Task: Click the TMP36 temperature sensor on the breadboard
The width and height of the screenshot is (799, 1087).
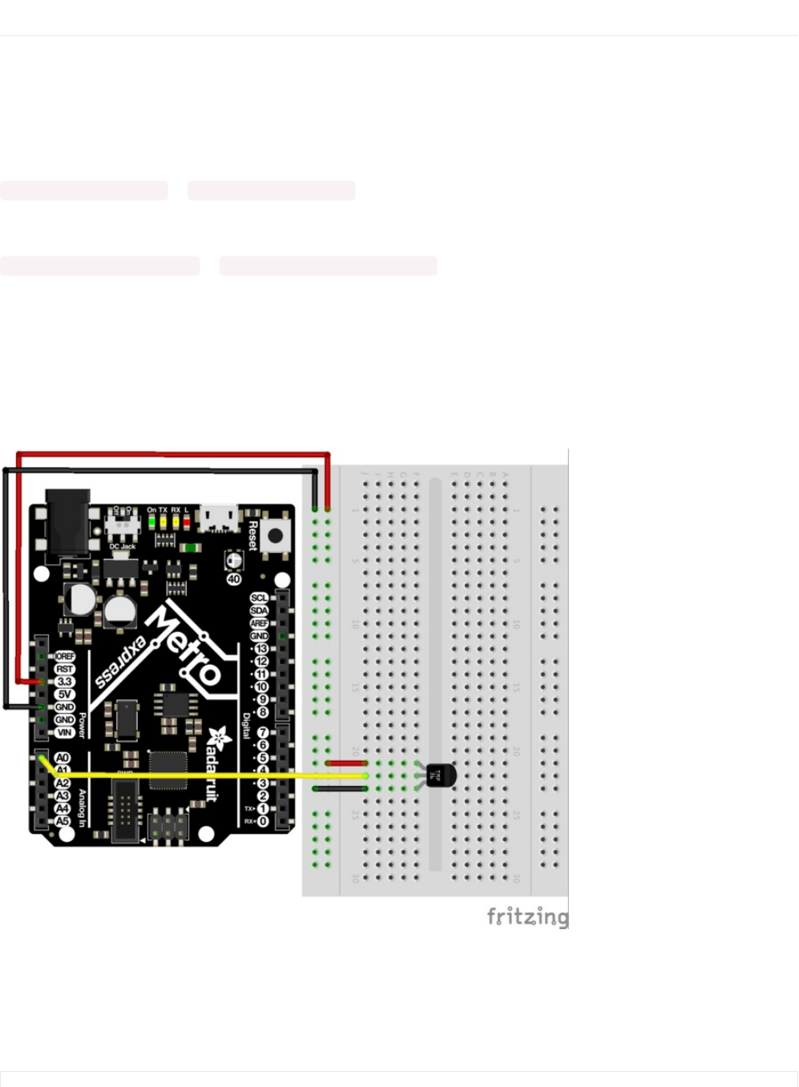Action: (x=439, y=775)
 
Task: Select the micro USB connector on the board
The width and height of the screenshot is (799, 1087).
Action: (x=219, y=517)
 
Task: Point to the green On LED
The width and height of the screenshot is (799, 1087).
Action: (x=151, y=521)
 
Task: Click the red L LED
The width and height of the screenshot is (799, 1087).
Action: (x=187, y=521)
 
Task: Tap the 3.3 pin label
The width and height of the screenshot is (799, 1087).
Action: (x=64, y=682)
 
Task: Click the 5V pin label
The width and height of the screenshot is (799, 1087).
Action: (x=64, y=694)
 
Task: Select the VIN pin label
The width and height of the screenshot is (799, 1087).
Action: (x=64, y=732)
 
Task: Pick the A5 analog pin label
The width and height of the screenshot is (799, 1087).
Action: (x=63, y=821)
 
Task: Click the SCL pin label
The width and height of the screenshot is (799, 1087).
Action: (x=259, y=598)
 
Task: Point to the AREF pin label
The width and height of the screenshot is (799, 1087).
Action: (x=259, y=623)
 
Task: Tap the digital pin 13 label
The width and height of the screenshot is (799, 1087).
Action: (x=261, y=648)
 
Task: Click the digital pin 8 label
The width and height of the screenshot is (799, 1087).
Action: (x=262, y=712)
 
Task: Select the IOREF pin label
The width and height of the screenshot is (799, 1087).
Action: (x=64, y=656)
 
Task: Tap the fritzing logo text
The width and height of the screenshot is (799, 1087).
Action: (x=527, y=916)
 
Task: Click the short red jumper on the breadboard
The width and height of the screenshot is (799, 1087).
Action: (x=346, y=763)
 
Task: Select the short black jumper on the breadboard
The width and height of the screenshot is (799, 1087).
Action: (x=340, y=789)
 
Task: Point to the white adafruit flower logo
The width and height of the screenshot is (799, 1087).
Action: (x=216, y=738)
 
